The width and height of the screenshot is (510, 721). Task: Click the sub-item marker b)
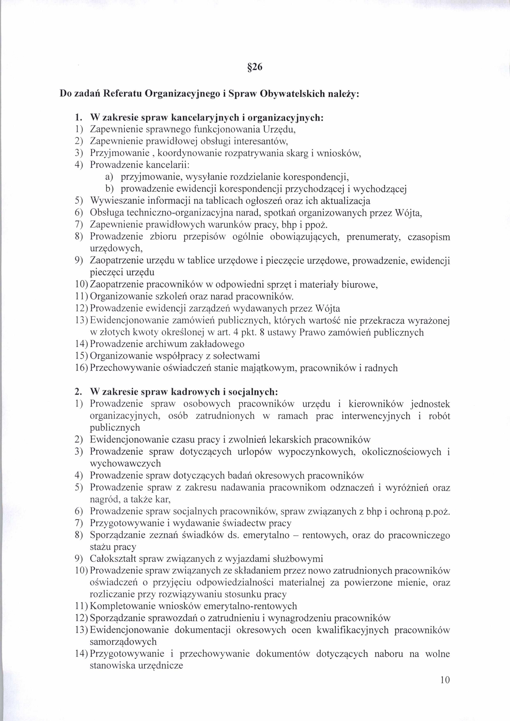point(109,189)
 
